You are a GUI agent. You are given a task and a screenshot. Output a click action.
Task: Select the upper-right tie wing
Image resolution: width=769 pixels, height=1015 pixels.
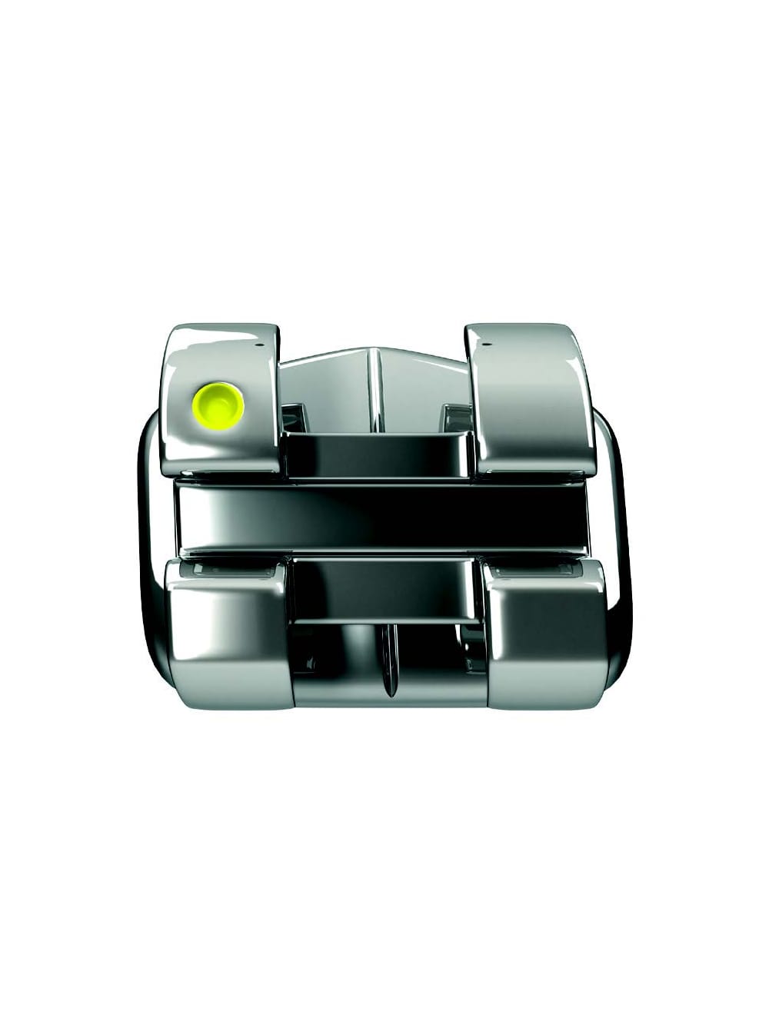click(x=531, y=400)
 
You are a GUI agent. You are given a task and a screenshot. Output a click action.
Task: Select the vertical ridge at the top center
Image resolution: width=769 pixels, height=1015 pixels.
click(x=375, y=384)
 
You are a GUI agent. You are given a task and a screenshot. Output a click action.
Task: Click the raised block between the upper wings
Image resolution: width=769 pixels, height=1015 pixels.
click(x=377, y=454)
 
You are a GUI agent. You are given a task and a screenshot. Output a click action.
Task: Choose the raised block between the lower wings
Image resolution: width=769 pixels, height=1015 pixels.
click(x=384, y=588)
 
